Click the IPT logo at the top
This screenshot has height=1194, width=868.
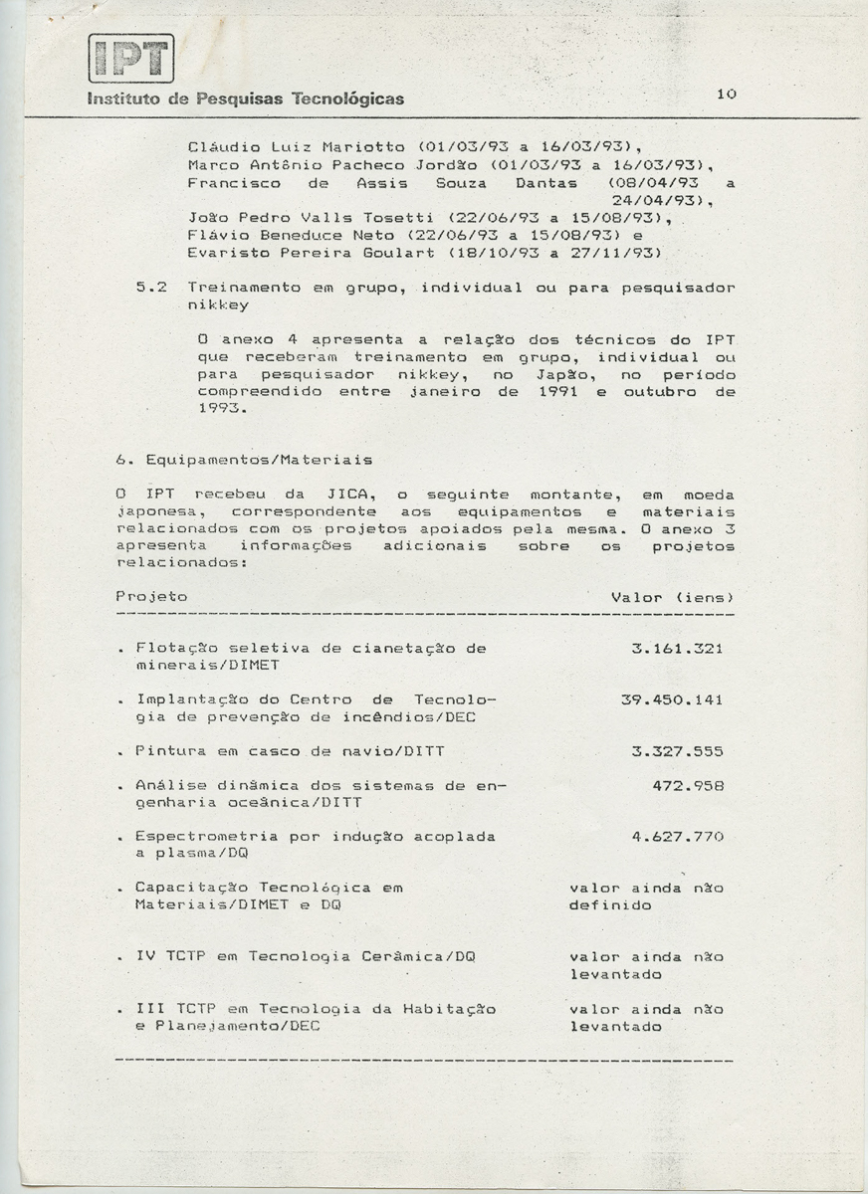130,58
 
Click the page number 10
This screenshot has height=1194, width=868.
726,94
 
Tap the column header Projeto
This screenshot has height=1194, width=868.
151,597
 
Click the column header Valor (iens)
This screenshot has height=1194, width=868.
672,597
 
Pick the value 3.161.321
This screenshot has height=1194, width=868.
677,649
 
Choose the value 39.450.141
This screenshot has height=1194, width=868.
672,699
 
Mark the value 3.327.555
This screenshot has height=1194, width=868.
677,751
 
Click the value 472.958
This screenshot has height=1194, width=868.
688,785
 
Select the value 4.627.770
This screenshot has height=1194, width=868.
677,837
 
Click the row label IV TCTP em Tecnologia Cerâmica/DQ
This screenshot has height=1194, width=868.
306,957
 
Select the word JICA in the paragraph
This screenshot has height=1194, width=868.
348,495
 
